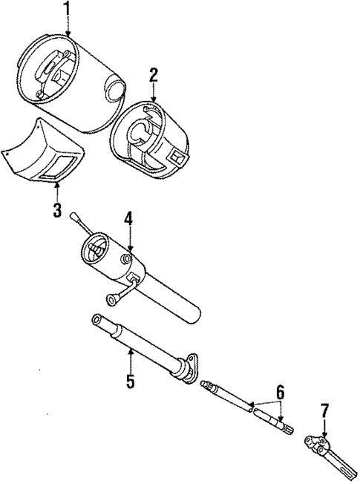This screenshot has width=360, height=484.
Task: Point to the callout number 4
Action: (128, 219)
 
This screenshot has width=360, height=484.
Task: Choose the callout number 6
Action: (280, 392)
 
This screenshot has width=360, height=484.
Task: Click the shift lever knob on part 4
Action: (73, 216)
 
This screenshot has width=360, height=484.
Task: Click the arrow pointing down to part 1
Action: (68, 28)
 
